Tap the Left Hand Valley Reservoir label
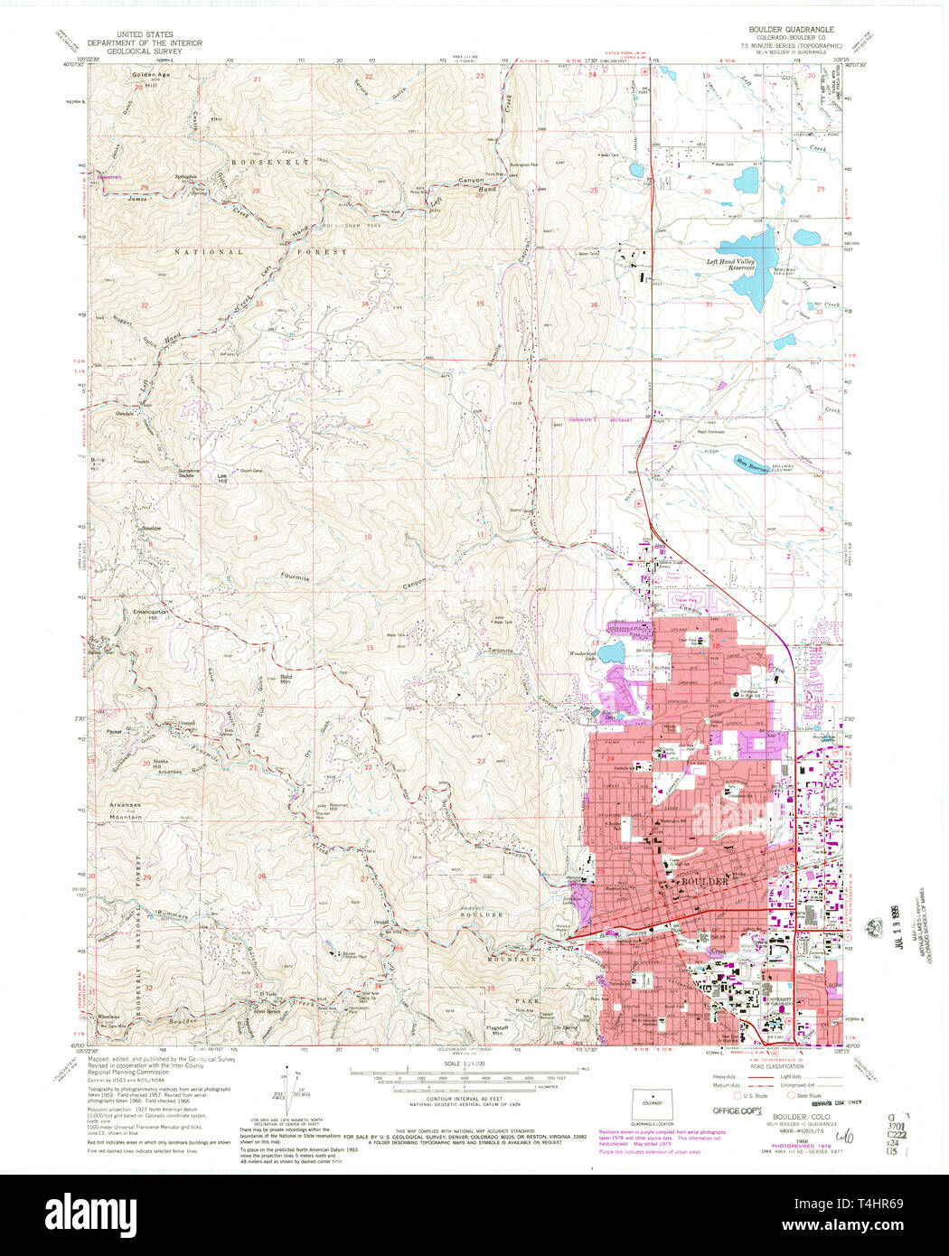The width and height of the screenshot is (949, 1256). point(730,265)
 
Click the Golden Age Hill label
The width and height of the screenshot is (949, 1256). point(150,77)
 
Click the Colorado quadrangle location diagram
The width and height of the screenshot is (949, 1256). point(645,1104)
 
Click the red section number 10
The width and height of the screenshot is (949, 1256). point(368,537)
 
